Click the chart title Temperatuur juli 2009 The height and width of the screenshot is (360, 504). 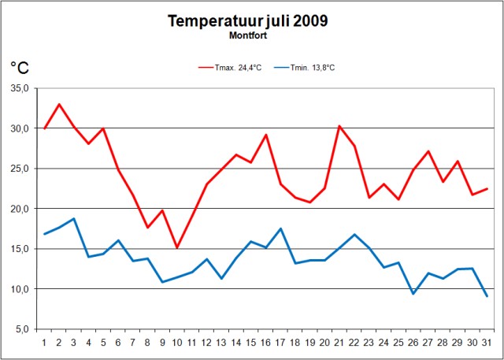pyautogui.click(x=247, y=20)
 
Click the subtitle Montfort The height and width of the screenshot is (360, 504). pyautogui.click(x=247, y=35)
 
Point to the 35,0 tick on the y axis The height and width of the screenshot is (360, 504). pyautogui.click(x=20, y=88)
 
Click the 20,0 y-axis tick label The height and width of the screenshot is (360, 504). pyautogui.click(x=20, y=209)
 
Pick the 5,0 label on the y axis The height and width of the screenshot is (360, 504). pyautogui.click(x=21, y=329)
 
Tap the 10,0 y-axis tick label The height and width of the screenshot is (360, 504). pyautogui.click(x=20, y=289)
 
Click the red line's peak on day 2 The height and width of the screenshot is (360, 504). pyautogui.click(x=59, y=104)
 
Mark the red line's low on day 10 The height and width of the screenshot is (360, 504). pyautogui.click(x=177, y=247)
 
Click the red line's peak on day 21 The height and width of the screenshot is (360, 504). pyautogui.click(x=339, y=126)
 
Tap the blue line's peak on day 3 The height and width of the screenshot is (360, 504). pyautogui.click(x=74, y=219)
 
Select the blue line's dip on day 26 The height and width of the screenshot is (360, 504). pyautogui.click(x=413, y=294)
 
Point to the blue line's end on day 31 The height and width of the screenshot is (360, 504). pyautogui.click(x=487, y=296)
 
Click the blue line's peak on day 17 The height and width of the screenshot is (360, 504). pyautogui.click(x=280, y=228)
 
